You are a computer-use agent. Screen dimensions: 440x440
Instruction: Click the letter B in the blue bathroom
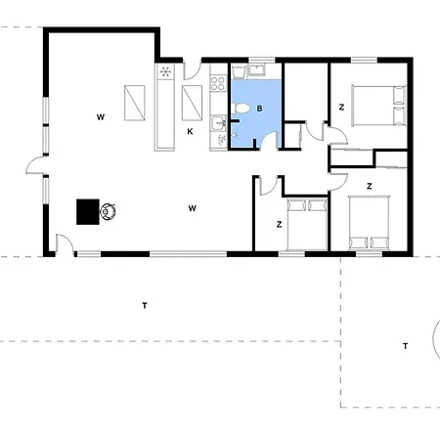(x=259, y=109)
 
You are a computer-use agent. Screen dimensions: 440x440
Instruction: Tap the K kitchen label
(x=190, y=132)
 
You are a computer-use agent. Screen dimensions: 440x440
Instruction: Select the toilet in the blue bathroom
(x=241, y=108)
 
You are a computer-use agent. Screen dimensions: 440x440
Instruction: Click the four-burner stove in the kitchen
(x=218, y=83)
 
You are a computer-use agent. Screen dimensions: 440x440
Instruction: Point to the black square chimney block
(x=88, y=212)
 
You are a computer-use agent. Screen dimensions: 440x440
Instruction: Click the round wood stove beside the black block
(x=108, y=211)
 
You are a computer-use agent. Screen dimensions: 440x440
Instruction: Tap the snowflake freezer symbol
(x=165, y=71)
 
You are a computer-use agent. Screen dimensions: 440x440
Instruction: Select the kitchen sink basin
(x=217, y=122)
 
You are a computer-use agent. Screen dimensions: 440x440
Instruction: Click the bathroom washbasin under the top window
(x=257, y=70)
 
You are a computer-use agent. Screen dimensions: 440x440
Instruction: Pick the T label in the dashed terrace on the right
(x=405, y=346)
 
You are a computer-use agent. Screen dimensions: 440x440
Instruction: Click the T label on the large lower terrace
(x=145, y=305)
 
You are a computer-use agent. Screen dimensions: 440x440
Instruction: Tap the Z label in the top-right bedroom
(x=341, y=107)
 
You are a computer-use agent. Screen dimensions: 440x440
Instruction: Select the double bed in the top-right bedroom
(x=379, y=106)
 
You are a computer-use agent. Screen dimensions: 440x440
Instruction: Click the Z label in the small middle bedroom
(x=279, y=224)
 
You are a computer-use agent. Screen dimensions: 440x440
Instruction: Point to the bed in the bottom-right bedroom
(x=369, y=223)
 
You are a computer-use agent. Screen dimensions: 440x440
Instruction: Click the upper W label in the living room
(x=101, y=117)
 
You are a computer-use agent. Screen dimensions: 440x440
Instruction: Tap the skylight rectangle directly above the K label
(x=192, y=103)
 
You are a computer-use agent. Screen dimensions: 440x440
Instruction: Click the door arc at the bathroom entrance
(x=269, y=140)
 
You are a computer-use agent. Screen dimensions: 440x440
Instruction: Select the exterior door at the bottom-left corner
(x=65, y=244)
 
